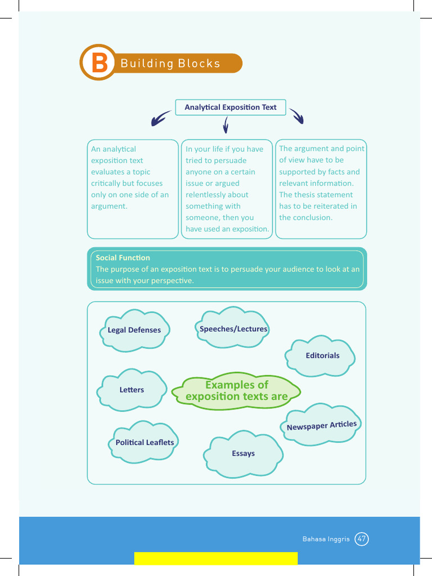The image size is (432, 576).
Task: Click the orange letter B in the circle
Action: click(99, 62)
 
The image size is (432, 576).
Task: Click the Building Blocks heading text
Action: click(170, 63)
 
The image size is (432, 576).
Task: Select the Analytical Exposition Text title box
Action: click(231, 107)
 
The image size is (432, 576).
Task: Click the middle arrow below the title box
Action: click(226, 124)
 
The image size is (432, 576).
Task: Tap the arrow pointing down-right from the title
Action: click(297, 116)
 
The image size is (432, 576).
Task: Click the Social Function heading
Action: click(123, 258)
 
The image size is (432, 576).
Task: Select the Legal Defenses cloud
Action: click(134, 330)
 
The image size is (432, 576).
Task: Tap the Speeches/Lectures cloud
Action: click(233, 328)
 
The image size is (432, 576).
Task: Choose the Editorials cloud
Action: click(322, 355)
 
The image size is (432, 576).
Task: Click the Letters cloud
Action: click(132, 390)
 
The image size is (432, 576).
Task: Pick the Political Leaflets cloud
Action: click(145, 442)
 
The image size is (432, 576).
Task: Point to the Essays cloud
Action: click(243, 453)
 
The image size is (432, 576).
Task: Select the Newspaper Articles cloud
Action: click(321, 425)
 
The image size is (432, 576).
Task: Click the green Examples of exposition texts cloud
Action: click(236, 390)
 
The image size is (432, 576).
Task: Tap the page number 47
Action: click(362, 539)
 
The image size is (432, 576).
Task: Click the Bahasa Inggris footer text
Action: click(326, 539)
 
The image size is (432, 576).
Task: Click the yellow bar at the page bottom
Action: click(215, 558)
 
